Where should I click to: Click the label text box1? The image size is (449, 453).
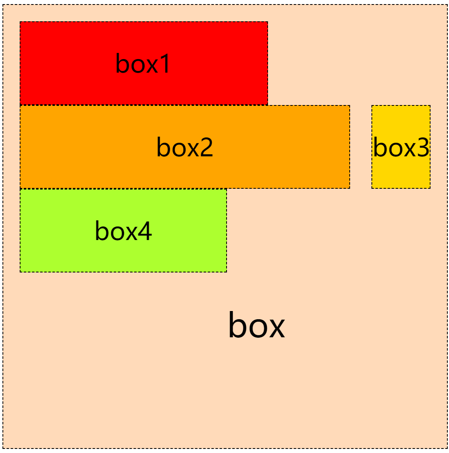[143, 64]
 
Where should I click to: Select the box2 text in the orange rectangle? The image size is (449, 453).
[185, 147]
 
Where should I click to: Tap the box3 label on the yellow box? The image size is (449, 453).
[401, 147]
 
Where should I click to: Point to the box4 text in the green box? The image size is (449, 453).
[123, 231]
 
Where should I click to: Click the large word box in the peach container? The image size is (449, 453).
[256, 325]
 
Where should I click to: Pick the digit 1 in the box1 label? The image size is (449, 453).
[165, 64]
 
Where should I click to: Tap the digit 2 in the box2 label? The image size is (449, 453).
[206, 147]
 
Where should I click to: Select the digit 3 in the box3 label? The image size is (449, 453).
[423, 147]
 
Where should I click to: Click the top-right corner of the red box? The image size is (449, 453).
[268, 22]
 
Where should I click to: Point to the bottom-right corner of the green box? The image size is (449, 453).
[227, 272]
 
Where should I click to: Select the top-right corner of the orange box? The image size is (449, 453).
[350, 105]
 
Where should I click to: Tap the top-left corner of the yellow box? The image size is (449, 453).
[372, 105]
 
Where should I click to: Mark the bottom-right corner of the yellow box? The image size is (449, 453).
[430, 188]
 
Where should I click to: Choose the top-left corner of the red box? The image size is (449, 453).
[20, 22]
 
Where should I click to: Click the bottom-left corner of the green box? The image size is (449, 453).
[20, 272]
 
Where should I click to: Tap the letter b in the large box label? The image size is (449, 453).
[237, 324]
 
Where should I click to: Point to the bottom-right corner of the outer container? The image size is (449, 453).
[447, 448]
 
